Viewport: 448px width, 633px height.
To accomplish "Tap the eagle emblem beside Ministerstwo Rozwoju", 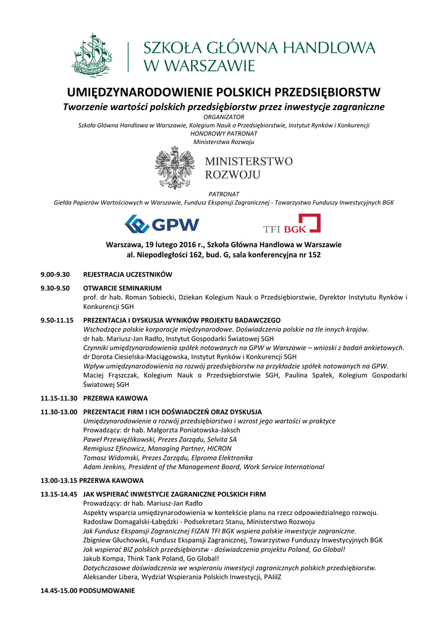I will point(175,168).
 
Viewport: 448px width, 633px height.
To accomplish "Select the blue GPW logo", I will point(162,224).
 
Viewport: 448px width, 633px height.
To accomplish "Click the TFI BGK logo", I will point(292,224).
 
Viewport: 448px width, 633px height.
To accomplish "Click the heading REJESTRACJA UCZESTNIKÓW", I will point(127,274).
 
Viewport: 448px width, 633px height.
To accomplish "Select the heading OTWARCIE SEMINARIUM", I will point(122,288).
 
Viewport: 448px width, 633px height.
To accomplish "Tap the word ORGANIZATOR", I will point(224,117).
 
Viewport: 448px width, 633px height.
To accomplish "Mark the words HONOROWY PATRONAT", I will point(224,134).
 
